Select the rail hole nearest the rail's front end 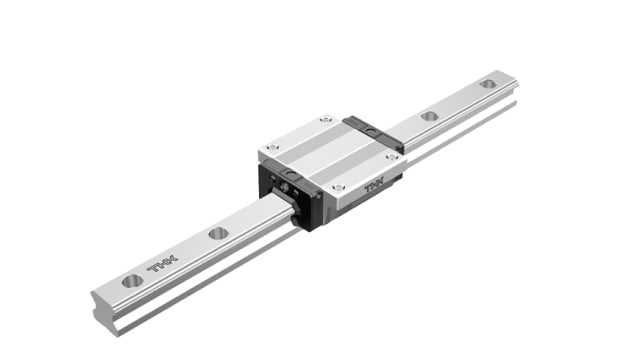tap(132, 281)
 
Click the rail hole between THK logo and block tap(218, 234)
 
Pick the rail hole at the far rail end tap(487, 84)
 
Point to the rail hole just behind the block tap(430, 116)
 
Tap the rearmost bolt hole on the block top tap(327, 122)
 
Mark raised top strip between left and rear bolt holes tap(298, 135)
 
